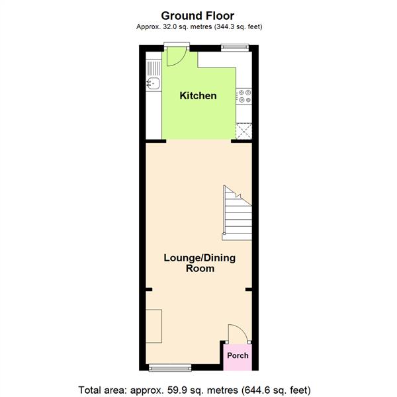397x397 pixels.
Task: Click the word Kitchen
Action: click(x=198, y=96)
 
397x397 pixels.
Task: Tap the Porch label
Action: click(x=238, y=355)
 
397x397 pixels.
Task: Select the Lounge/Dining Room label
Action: click(x=199, y=263)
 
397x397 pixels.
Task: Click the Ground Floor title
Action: click(x=197, y=15)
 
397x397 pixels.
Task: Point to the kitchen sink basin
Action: click(x=153, y=83)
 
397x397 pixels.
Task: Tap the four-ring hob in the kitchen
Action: click(x=244, y=96)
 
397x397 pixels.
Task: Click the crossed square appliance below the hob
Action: click(x=244, y=131)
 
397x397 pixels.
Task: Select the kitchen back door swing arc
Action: click(x=175, y=58)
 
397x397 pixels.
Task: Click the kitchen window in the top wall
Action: click(x=235, y=46)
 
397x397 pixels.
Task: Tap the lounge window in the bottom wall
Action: click(x=171, y=367)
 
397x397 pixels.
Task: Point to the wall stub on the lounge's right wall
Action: click(x=248, y=289)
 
